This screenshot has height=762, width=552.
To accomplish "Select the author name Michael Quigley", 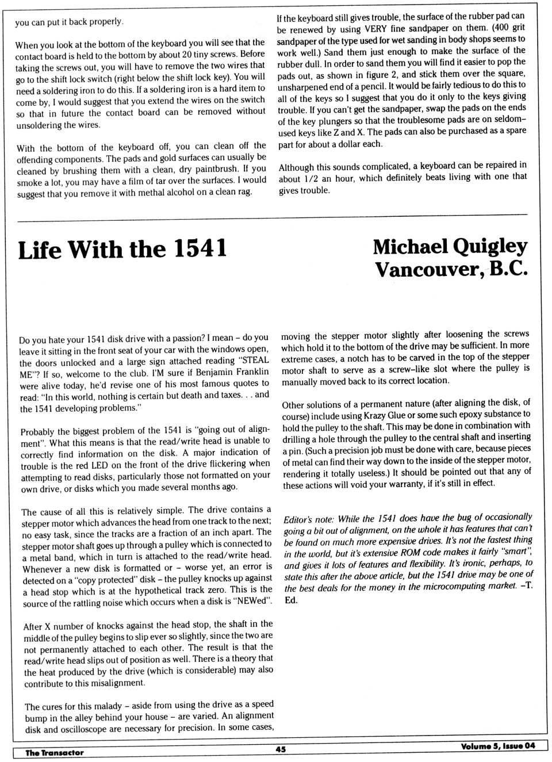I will [450, 247].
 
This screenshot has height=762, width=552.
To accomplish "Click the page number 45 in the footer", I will [281, 749].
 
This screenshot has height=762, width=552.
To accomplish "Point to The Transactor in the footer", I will [54, 752].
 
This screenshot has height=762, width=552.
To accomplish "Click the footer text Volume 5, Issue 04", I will [497, 746].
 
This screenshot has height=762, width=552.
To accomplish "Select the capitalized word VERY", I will [375, 28].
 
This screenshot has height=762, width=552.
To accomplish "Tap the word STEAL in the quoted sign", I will [253, 361].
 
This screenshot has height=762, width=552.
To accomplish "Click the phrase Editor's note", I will [309, 519].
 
